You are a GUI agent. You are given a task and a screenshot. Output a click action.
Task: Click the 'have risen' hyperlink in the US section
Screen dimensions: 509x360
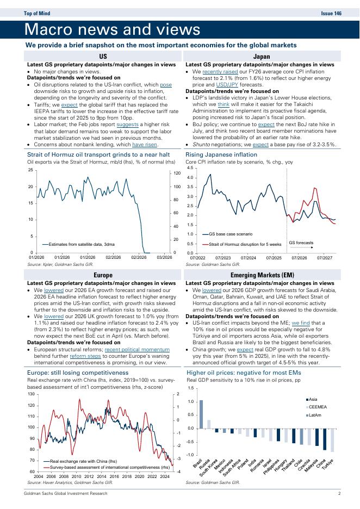pyautogui.click(x=145, y=145)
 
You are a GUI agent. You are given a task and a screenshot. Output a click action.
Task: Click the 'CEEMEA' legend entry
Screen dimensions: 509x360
pyautogui.click(x=318, y=407)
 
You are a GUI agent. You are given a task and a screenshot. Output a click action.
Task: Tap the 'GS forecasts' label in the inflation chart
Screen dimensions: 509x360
pyautogui.click(x=301, y=243)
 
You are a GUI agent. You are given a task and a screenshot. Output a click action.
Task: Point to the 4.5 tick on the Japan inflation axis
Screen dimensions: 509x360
pyautogui.click(x=190, y=168)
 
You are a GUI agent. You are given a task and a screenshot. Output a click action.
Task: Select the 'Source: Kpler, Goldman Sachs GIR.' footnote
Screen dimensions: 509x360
pyautogui.click(x=60, y=265)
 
